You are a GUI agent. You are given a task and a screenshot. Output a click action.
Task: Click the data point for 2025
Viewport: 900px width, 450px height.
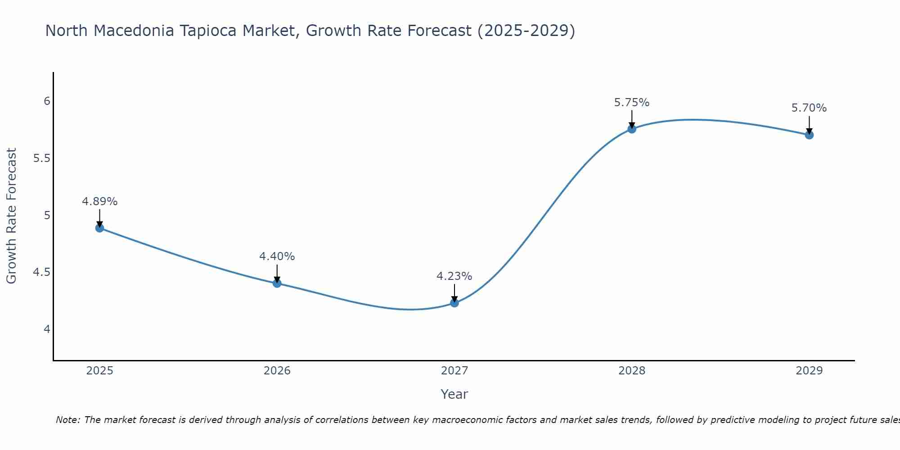pyautogui.click(x=99, y=228)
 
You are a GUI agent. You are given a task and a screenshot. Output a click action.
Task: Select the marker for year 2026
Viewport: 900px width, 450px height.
pyautogui.click(x=277, y=283)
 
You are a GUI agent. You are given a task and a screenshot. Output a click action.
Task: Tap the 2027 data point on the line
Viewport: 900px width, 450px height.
pyautogui.click(x=454, y=303)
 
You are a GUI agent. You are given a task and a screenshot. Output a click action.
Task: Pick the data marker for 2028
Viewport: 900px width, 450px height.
pyautogui.click(x=631, y=129)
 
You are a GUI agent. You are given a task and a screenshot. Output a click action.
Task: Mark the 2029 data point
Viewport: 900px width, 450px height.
pyautogui.click(x=809, y=135)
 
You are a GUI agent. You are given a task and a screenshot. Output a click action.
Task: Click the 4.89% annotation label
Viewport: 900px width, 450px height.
pyautogui.click(x=99, y=202)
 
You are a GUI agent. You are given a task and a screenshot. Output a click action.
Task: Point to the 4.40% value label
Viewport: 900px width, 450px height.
pyautogui.click(x=277, y=256)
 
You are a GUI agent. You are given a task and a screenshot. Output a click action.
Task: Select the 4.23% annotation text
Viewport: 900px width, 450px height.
pyautogui.click(x=454, y=276)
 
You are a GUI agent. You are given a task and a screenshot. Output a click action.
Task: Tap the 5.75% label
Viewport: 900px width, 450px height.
pyautogui.click(x=631, y=103)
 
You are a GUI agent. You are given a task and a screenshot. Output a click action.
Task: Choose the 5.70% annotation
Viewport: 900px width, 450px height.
pyautogui.click(x=809, y=108)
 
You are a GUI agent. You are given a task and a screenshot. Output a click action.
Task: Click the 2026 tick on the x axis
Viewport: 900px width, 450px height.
pyautogui.click(x=277, y=371)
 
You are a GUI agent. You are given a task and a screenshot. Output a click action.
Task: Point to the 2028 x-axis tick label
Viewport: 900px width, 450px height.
pyautogui.click(x=631, y=371)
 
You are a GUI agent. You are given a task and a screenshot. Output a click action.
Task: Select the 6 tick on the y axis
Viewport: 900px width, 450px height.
pyautogui.click(x=47, y=101)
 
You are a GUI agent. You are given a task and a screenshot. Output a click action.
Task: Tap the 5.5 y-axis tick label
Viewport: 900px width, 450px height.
pyautogui.click(x=42, y=158)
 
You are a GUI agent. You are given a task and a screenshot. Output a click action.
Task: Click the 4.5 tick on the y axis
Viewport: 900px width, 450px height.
pyautogui.click(x=42, y=272)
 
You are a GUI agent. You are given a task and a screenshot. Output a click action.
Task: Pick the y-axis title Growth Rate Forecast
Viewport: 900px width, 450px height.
pyautogui.click(x=11, y=216)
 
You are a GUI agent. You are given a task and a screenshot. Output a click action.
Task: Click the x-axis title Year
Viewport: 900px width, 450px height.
pyautogui.click(x=454, y=394)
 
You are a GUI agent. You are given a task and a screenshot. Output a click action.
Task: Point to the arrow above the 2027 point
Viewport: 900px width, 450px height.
pyautogui.click(x=454, y=293)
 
